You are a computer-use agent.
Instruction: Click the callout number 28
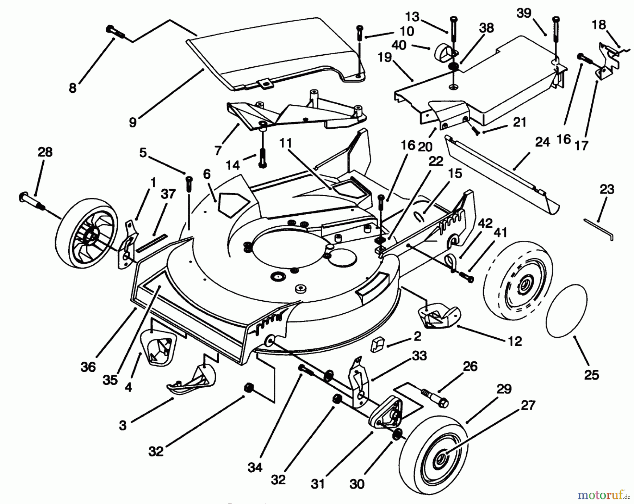45,152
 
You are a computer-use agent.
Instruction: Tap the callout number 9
132,122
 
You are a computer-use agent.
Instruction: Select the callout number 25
591,375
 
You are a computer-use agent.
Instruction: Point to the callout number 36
88,367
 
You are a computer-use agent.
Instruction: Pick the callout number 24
542,142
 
